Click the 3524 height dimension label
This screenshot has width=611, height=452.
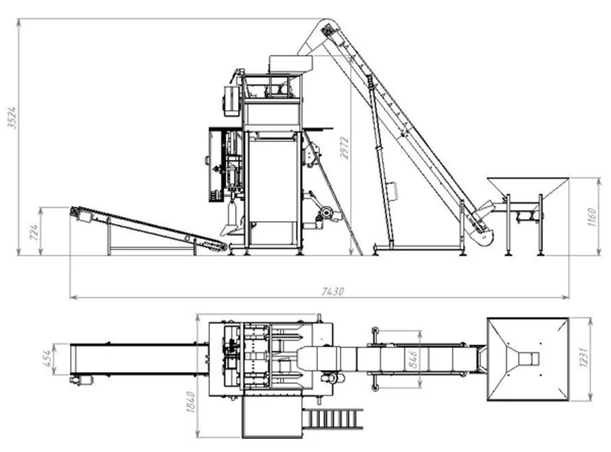tap(12, 118)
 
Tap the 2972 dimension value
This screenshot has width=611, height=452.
tap(344, 148)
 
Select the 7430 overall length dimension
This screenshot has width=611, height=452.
tap(332, 291)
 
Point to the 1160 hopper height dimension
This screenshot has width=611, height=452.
tap(591, 217)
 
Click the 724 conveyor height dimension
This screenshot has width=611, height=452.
tap(34, 233)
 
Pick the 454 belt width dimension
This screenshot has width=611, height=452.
tap(47, 359)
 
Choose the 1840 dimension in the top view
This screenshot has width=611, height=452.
tap(190, 402)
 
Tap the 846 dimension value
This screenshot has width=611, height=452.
tap(412, 359)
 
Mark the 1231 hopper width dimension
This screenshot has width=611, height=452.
tap(584, 356)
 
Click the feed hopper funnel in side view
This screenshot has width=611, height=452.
tap(527, 190)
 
